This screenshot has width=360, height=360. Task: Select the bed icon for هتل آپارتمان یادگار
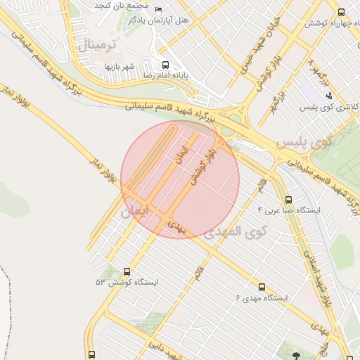157,9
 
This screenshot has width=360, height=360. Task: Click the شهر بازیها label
119,66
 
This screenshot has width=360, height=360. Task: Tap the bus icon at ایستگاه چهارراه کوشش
341,13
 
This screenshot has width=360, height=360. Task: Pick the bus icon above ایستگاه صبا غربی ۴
288,200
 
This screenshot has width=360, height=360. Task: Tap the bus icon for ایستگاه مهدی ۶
261,287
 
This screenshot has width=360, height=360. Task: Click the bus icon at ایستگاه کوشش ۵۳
127,271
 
